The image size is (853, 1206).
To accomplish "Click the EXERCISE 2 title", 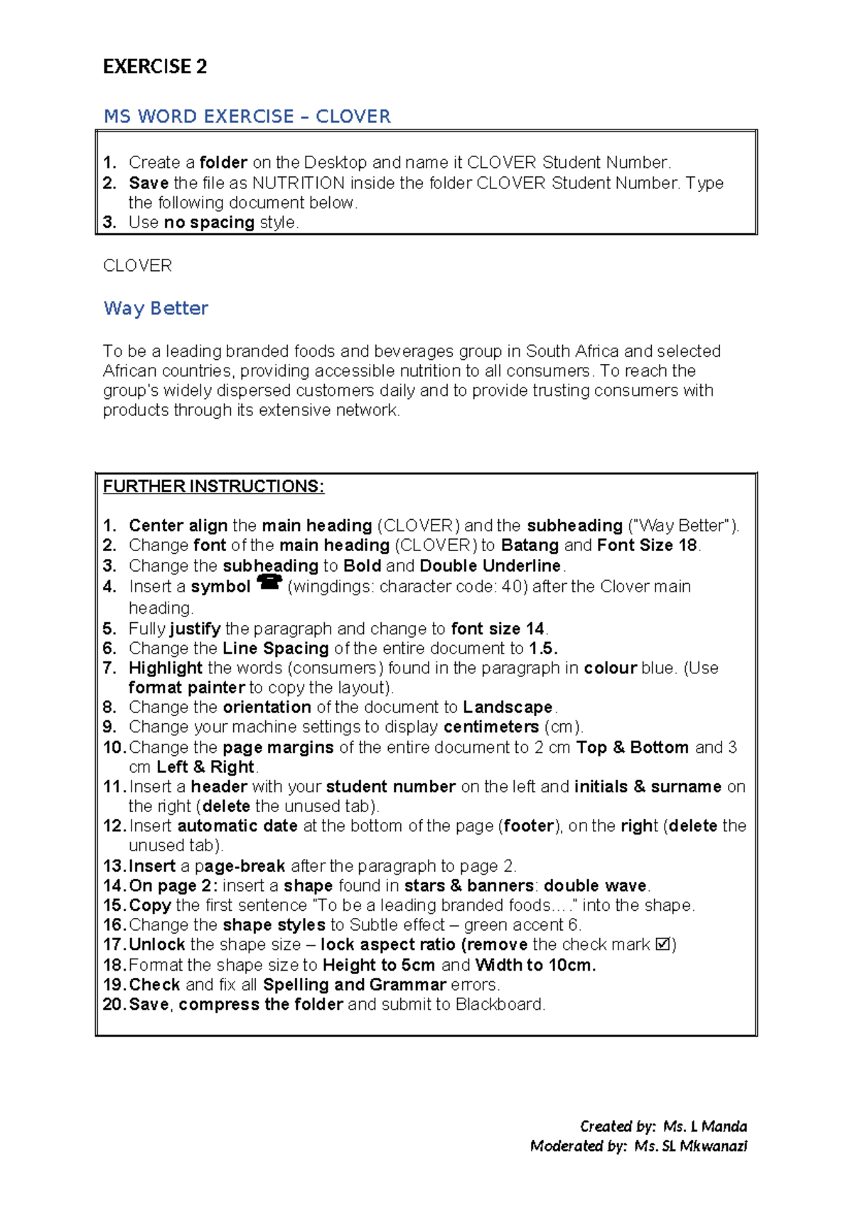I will [x=154, y=67].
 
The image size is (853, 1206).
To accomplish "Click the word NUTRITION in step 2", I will [x=299, y=183].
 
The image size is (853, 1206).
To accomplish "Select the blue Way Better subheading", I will [x=156, y=308].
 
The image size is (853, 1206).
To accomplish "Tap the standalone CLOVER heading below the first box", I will [x=137, y=265].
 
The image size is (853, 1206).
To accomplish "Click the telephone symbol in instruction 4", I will [x=269, y=582].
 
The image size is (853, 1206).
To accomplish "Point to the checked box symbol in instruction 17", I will [x=662, y=944].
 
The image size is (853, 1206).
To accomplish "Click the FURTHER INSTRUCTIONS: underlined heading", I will [x=213, y=486].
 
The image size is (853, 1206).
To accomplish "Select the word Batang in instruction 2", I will [x=530, y=545].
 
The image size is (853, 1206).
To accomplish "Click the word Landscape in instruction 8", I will [x=508, y=708].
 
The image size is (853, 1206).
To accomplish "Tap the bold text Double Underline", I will [x=490, y=566].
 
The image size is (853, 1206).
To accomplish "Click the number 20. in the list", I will [x=114, y=1004].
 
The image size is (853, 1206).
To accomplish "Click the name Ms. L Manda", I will [x=704, y=1126].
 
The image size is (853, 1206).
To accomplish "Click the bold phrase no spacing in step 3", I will [x=209, y=223].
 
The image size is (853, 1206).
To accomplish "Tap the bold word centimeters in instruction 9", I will [x=491, y=727].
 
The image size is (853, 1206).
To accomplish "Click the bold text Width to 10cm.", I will [x=535, y=965].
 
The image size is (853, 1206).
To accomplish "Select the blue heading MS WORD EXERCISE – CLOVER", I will [x=247, y=117].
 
